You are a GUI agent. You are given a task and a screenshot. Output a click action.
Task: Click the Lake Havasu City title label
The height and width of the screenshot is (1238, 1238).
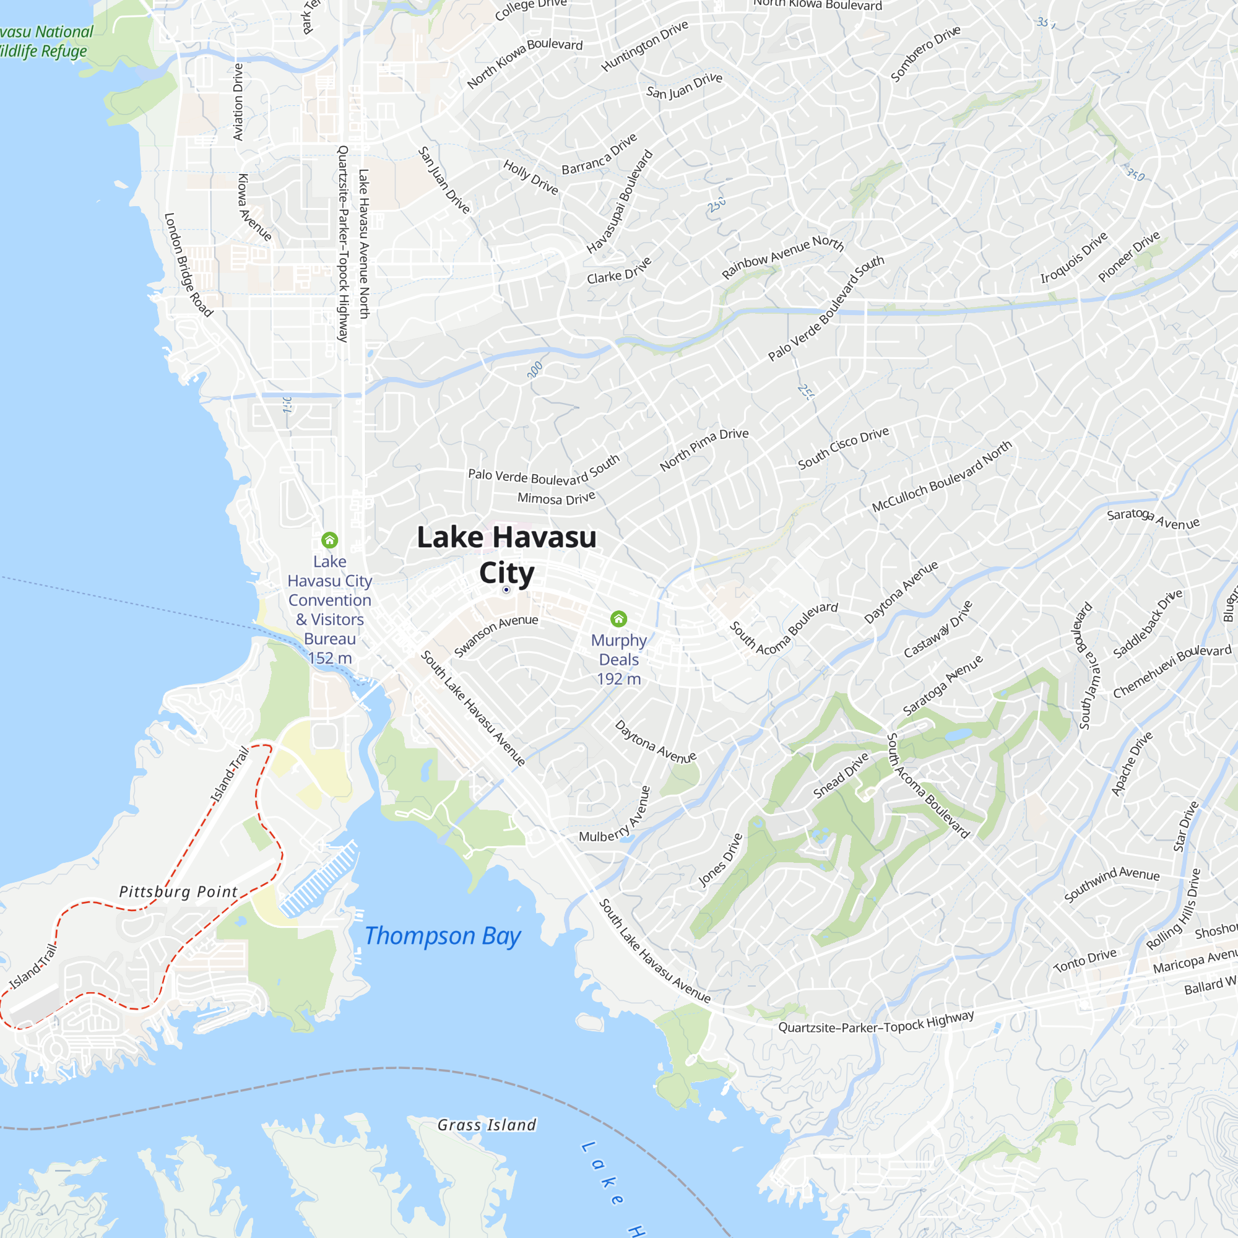(506, 554)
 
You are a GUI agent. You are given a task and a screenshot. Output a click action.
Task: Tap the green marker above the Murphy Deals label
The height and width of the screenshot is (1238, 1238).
(618, 618)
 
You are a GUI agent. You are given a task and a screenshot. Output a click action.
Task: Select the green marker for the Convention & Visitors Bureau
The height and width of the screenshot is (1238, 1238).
(329, 540)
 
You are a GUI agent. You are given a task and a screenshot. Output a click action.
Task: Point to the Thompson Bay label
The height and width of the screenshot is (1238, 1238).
(442, 936)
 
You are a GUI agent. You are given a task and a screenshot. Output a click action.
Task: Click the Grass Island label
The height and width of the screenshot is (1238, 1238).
(487, 1125)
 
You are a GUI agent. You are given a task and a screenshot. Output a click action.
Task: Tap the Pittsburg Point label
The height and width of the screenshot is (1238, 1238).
(178, 892)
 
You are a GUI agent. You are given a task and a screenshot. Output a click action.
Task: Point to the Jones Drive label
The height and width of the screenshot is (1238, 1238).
(721, 860)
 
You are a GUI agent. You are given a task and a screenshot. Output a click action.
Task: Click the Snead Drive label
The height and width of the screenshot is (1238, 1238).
(841, 776)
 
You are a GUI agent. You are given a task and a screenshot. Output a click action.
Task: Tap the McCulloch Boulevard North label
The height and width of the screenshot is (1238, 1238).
(942, 475)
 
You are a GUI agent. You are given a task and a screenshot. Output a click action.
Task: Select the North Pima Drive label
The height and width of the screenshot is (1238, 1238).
(704, 449)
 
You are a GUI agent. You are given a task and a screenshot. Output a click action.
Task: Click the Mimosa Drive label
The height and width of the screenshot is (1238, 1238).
(556, 498)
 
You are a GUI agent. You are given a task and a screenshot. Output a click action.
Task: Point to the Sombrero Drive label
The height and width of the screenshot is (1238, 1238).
(926, 53)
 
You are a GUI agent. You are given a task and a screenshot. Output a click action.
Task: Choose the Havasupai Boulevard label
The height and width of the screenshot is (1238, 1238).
(620, 202)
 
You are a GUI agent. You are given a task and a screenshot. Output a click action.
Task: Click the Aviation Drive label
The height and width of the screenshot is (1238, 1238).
(238, 102)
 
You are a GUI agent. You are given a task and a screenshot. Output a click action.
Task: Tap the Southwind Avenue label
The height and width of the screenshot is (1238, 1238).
(1112, 883)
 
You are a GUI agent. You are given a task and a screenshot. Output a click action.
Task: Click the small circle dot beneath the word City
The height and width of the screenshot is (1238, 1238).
(506, 589)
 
